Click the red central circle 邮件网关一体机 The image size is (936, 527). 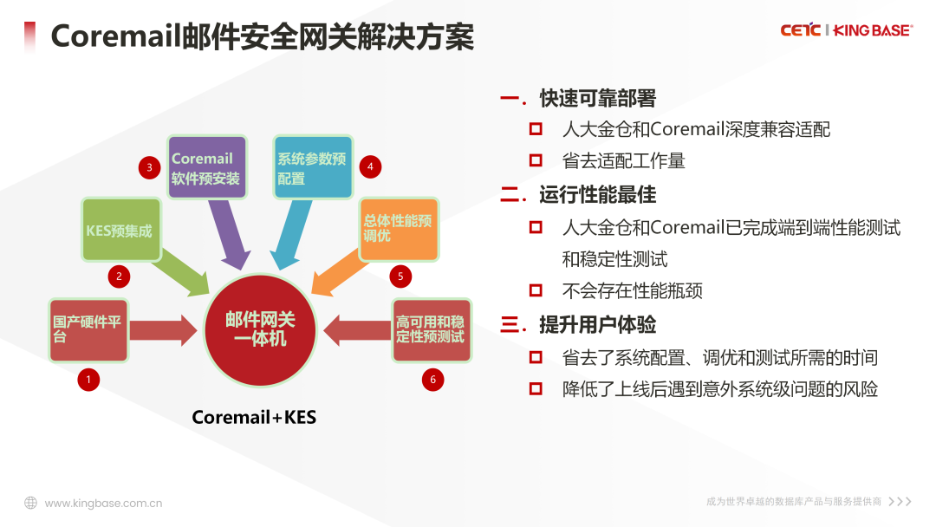click(x=260, y=329)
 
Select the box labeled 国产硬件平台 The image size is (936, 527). click(x=88, y=329)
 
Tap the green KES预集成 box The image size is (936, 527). click(x=121, y=230)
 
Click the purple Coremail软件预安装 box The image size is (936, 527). click(x=206, y=167)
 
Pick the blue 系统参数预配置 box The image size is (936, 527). click(x=313, y=167)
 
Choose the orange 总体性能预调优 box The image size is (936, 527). click(x=399, y=230)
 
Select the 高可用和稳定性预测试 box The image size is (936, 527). click(x=431, y=329)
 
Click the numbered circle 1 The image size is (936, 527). click(x=88, y=379)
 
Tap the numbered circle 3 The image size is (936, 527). click(x=149, y=167)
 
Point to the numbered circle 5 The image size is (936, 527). click(x=400, y=277)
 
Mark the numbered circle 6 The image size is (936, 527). click(x=432, y=379)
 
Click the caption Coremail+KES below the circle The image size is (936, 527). click(x=254, y=418)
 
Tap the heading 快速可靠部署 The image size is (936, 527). click(x=597, y=99)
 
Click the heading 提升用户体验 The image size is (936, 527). click(x=597, y=325)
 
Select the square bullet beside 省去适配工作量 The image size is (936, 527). click(x=536, y=160)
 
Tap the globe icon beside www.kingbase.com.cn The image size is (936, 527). click(x=30, y=503)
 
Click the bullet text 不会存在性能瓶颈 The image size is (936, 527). click(x=632, y=291)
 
